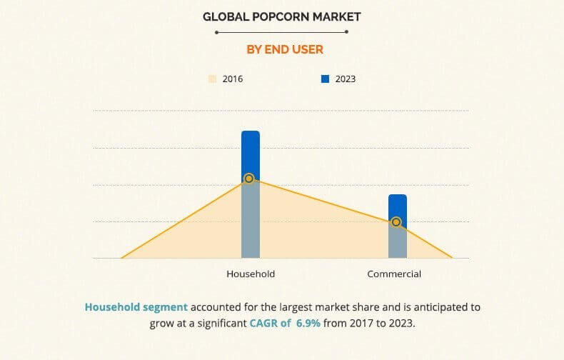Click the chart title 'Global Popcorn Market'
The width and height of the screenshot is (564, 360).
(x=282, y=16)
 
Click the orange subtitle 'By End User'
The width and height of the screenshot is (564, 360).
(x=282, y=49)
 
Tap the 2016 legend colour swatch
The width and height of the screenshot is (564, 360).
(x=212, y=79)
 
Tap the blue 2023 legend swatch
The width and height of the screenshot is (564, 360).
(x=325, y=79)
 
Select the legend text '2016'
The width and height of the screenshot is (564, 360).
(x=233, y=79)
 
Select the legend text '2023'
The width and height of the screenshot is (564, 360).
(x=345, y=79)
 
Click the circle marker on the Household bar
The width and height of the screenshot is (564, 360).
(x=248, y=179)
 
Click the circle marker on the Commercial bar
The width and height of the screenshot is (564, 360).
(x=396, y=222)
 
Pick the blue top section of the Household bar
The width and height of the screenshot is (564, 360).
(x=250, y=153)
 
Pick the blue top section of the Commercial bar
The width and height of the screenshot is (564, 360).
(x=398, y=206)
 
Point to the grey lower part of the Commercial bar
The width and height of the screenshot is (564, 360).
(x=398, y=243)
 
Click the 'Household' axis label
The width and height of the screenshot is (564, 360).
(x=251, y=274)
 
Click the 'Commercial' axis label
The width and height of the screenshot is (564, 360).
(x=394, y=274)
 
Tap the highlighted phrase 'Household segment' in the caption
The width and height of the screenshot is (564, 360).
(x=136, y=307)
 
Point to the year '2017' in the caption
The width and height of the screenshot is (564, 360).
(x=362, y=323)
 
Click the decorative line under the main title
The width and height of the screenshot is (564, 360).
(x=282, y=32)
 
